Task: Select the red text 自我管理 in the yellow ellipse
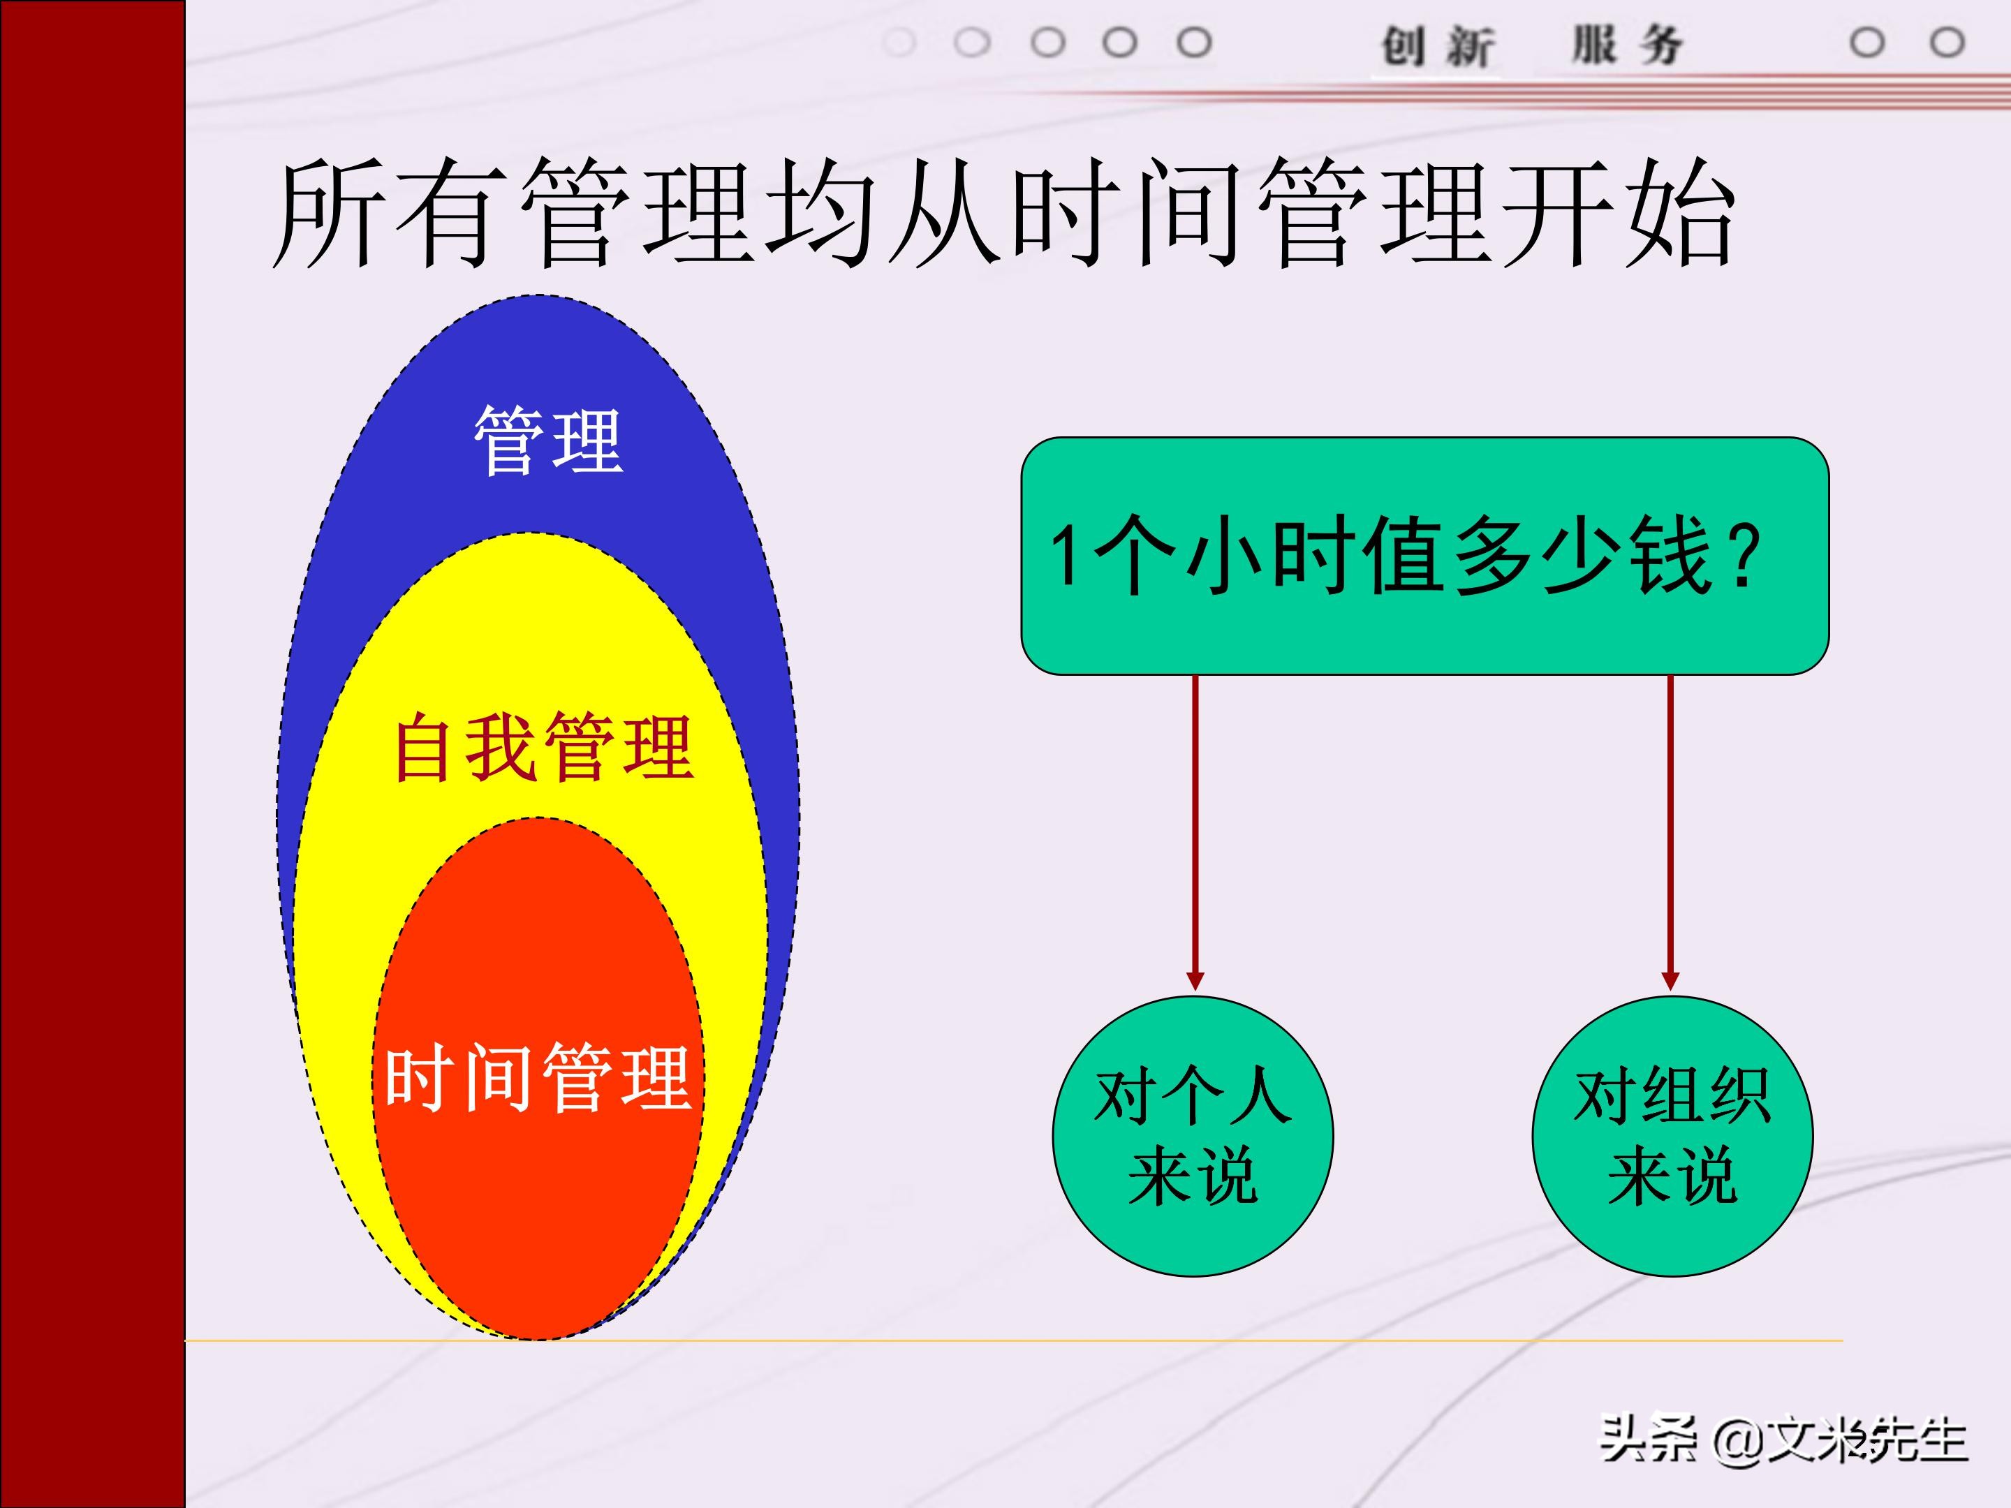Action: [544, 748]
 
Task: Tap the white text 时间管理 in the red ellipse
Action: [536, 1079]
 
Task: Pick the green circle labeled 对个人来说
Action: [1193, 1136]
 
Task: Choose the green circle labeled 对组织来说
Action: [1672, 1136]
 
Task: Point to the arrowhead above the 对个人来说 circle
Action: [1195, 981]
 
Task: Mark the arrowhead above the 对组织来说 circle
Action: [1670, 981]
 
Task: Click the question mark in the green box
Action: [1746, 556]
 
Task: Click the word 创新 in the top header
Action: [1436, 45]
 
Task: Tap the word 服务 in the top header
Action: [1628, 45]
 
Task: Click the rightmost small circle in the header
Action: [1947, 43]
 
